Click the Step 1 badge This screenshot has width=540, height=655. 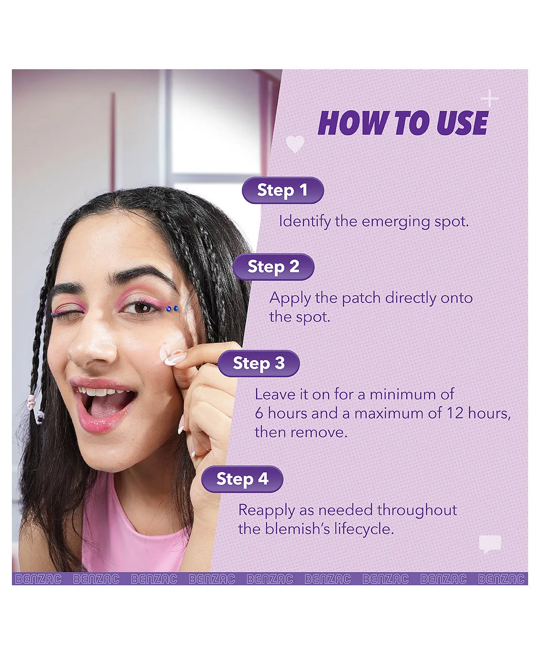coord(282,190)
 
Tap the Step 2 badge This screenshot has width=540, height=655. coord(273,267)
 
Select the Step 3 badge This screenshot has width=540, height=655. coord(259,363)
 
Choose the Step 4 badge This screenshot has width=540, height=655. coord(242,479)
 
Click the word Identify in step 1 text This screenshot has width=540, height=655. coord(305,222)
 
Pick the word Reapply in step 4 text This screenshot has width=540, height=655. coord(267,511)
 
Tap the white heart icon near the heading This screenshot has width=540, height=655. coord(295,144)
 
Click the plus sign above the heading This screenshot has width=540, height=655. coord(489,99)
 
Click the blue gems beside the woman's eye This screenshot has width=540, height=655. coord(172,309)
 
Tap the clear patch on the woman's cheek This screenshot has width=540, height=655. coord(168,352)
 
